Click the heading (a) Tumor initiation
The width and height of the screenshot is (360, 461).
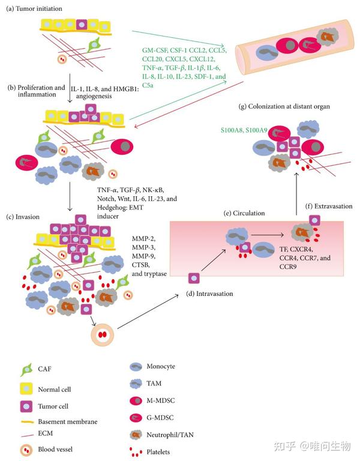[x=34, y=8]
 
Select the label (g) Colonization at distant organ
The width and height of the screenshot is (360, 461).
[x=284, y=106]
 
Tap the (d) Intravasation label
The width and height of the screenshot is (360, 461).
[x=209, y=294]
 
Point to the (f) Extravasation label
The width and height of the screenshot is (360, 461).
[x=329, y=206]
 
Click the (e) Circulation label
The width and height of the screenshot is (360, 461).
[x=244, y=213]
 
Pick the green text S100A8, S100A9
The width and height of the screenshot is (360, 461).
[x=244, y=130]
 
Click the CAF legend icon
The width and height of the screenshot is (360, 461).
[x=26, y=370]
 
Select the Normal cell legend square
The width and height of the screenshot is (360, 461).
[x=26, y=389]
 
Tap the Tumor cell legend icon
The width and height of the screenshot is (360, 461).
[x=26, y=406]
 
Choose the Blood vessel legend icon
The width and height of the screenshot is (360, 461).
[x=26, y=450]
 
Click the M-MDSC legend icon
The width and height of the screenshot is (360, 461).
[x=136, y=400]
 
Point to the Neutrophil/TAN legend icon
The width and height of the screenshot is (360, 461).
[x=136, y=435]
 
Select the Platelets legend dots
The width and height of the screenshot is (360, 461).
[x=136, y=452]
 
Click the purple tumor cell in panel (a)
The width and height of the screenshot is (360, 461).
[x=82, y=25]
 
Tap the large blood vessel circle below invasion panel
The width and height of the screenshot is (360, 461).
[x=102, y=334]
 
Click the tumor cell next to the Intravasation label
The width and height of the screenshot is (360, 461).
[x=194, y=278]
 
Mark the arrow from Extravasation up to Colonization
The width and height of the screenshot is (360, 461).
[x=296, y=194]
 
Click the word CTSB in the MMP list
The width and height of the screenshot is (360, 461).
[x=141, y=265]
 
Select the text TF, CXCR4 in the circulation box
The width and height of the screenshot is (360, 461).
[x=296, y=249]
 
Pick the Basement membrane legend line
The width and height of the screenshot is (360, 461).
[x=27, y=422]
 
